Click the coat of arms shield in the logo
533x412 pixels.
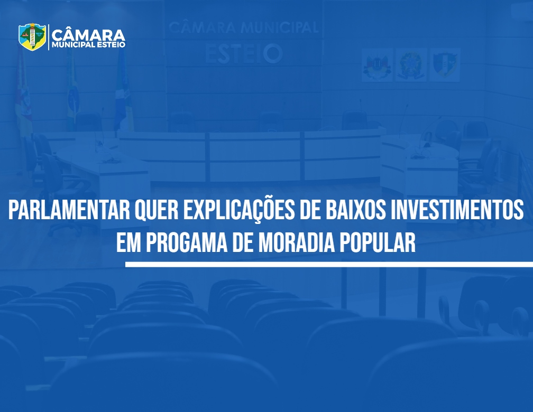tap(32, 36)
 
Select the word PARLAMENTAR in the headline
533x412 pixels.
tap(69, 210)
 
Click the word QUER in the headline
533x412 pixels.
tap(157, 210)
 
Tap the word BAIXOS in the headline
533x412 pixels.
tap(355, 210)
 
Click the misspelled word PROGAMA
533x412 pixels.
tap(187, 242)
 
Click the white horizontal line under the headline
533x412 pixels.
tap(329, 264)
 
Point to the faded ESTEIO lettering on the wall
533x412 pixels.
tap(244, 54)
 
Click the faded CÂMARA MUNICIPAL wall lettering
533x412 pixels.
tap(244, 27)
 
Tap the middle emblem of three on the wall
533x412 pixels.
tap(411, 65)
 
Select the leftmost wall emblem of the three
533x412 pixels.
tap(377, 65)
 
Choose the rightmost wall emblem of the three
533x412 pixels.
tap(445, 65)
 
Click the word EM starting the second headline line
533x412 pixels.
tap(129, 242)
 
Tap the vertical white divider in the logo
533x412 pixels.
tap(49, 37)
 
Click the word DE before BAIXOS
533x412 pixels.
tap(310, 210)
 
